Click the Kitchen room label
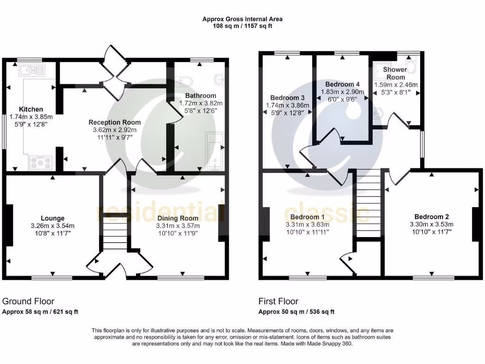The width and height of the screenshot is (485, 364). (31, 109)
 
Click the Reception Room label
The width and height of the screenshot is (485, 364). (115, 122)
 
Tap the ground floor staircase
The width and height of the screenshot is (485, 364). (115, 236)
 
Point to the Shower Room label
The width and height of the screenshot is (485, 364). (395, 73)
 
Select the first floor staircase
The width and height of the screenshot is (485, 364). (368, 204)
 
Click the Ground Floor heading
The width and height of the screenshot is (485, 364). (28, 301)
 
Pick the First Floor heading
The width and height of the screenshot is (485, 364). (278, 301)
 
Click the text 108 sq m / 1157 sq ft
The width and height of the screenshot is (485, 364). (242, 27)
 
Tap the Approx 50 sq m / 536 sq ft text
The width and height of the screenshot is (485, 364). (296, 312)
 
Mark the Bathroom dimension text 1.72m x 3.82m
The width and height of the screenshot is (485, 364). (200, 103)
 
